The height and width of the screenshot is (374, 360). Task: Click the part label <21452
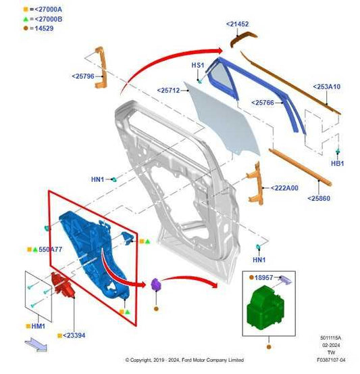237,24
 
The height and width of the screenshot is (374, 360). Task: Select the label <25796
83,76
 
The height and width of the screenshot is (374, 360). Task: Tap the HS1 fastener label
198,65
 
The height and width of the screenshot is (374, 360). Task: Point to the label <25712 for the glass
168,91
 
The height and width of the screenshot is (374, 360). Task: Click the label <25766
263,103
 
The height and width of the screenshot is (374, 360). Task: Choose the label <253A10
327,87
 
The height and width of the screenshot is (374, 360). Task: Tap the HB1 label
337,164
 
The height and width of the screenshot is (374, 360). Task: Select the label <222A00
284,188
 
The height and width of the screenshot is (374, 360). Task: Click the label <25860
319,198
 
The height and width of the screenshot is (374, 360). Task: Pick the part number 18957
263,278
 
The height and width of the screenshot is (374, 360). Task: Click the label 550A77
50,250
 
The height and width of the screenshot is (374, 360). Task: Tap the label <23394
74,335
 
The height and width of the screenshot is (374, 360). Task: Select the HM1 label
38,326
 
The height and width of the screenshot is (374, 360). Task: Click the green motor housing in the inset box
265,308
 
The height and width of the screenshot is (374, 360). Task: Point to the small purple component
156,284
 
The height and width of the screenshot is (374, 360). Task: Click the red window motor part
62,285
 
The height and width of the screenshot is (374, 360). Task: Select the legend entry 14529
44,28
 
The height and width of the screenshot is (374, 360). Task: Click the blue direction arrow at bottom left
36,344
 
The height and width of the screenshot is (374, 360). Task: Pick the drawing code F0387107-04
331,360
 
